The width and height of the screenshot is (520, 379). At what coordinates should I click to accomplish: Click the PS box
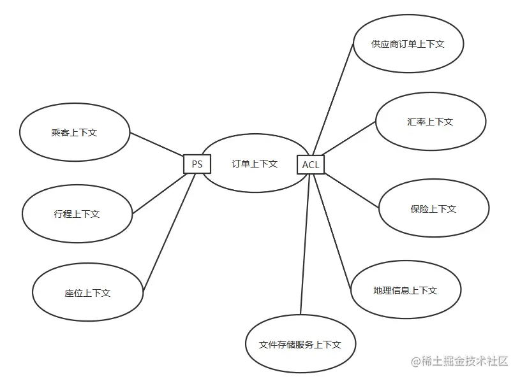coord(197,164)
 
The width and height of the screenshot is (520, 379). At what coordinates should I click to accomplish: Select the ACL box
coord(311,165)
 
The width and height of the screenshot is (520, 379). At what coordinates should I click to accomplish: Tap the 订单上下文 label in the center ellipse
coord(255,164)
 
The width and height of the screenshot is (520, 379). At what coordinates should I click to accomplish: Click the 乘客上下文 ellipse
coord(75,133)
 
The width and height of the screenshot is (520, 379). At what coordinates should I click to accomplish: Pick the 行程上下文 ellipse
coord(77,214)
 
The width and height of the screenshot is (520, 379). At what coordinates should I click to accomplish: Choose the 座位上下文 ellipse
coord(87,293)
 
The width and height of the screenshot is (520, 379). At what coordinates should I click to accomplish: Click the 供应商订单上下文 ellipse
coord(408,45)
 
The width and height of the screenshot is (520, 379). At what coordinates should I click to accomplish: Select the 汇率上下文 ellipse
coord(430,122)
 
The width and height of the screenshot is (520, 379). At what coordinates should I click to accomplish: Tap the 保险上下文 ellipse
coord(434,208)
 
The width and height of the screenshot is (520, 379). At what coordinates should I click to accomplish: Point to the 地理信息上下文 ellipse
coord(406,290)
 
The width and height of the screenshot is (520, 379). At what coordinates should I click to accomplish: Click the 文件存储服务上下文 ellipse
coord(300,345)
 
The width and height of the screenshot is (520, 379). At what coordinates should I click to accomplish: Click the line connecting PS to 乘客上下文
coord(157,144)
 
